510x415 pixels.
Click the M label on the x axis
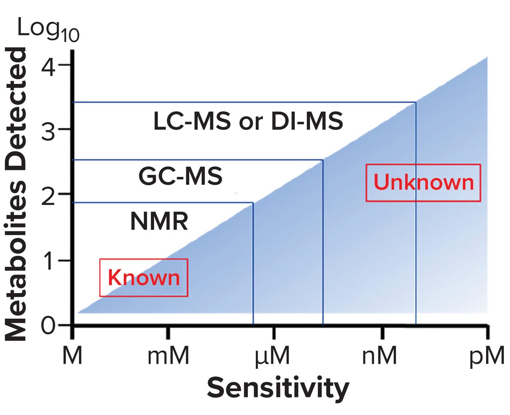click(72, 356)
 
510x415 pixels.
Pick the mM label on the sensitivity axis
click(168, 356)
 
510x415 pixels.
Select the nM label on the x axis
click(379, 356)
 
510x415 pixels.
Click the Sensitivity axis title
click(278, 388)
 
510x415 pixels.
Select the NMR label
click(159, 222)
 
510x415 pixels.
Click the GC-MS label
click(180, 176)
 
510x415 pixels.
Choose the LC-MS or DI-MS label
click(248, 121)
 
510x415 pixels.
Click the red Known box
click(143, 278)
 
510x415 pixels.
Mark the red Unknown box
click(423, 183)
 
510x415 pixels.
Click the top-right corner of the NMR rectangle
click(253, 203)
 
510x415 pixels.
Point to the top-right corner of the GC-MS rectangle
click(322, 160)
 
